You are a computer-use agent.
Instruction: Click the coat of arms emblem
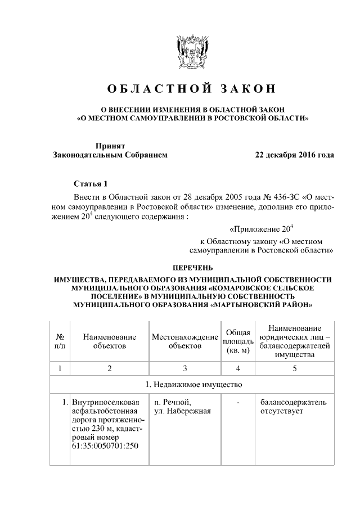[x=192, y=53]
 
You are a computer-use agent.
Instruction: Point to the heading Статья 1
[x=90, y=184]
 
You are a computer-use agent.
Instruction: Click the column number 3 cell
[x=185, y=368]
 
